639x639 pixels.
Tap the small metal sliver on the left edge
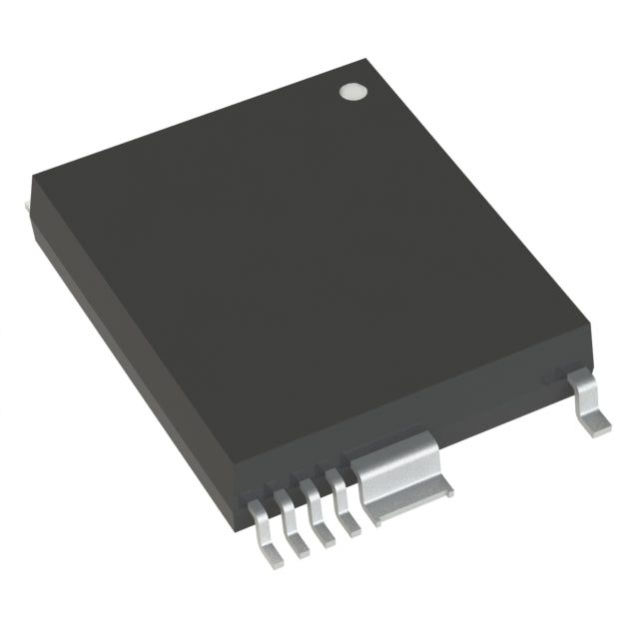[x=24, y=204]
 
